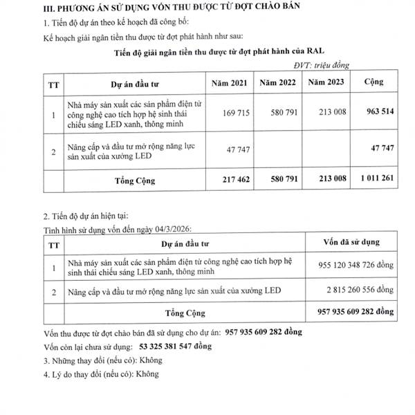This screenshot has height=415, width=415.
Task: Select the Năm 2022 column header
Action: coord(278,82)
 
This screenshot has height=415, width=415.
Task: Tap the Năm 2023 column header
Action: coord(326,82)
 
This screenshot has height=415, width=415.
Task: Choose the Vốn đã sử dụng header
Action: coord(349,241)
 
